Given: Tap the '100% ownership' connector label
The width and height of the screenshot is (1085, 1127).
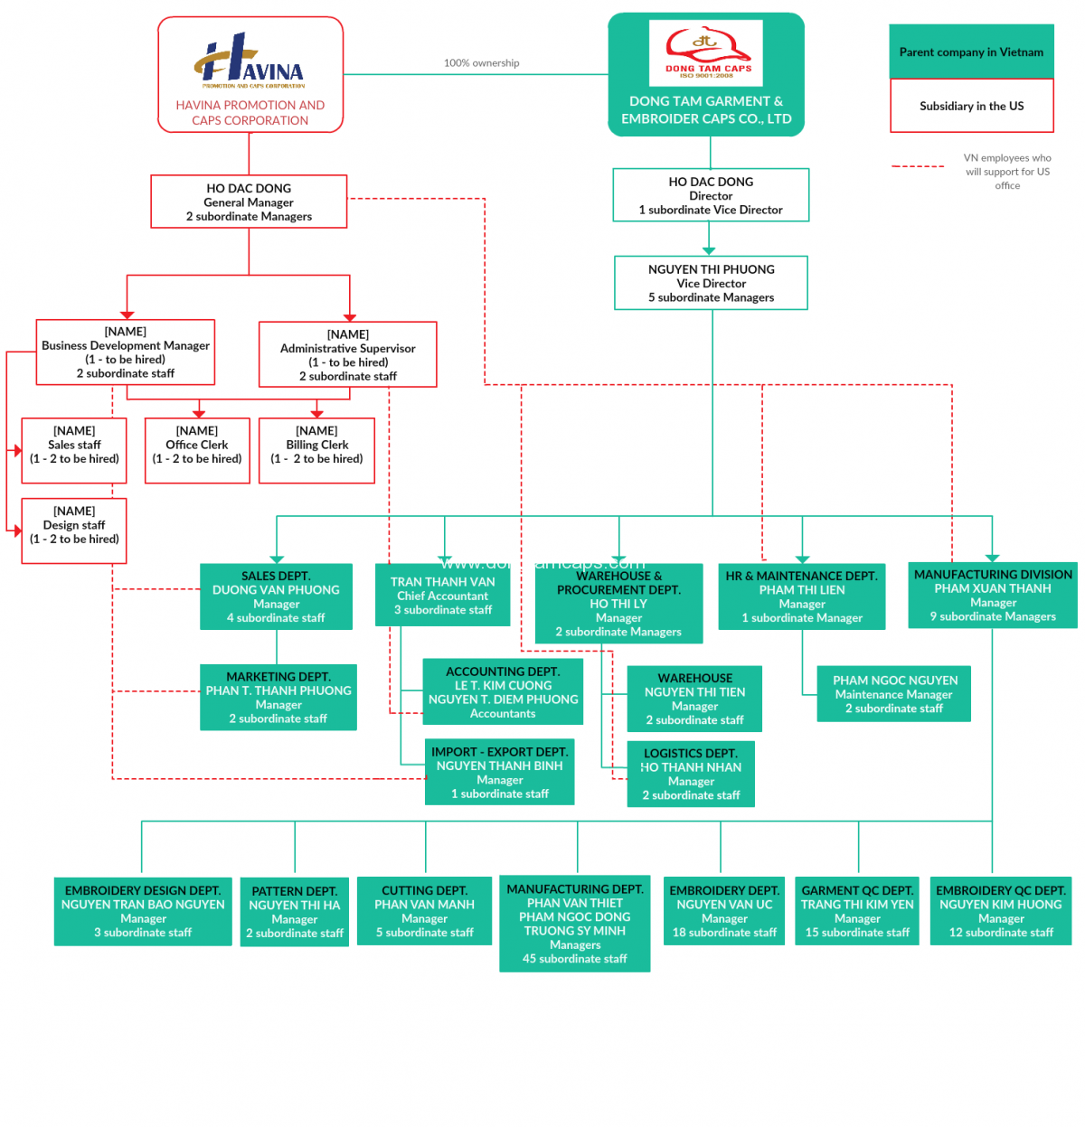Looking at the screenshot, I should [x=481, y=63].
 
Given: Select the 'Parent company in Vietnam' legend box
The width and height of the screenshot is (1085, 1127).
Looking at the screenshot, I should [x=971, y=52].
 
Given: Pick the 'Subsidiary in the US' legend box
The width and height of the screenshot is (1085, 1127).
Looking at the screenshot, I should [x=971, y=106].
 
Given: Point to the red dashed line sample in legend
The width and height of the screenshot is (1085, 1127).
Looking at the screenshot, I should [x=918, y=166].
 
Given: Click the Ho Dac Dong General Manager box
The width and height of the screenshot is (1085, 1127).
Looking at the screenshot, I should [x=249, y=202].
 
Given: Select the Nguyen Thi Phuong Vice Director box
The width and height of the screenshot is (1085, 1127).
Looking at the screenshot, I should [x=711, y=283].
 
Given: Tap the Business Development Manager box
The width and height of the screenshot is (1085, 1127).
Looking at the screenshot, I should [x=126, y=352].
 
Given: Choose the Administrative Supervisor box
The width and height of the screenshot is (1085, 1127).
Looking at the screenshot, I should [x=347, y=354].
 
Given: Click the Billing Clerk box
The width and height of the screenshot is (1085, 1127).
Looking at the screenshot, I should [x=316, y=450].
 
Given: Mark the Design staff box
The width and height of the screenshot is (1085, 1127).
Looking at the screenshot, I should [x=74, y=531].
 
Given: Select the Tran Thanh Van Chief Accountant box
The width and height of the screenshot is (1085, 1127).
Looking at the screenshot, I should [x=442, y=596].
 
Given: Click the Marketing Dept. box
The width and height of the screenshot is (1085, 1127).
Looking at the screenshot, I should [x=278, y=697].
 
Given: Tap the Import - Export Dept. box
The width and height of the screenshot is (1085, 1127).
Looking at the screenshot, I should [x=499, y=773].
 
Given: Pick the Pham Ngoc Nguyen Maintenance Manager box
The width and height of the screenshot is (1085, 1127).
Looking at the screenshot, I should [x=893, y=694].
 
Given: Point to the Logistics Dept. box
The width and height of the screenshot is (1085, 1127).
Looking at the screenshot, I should [x=691, y=774].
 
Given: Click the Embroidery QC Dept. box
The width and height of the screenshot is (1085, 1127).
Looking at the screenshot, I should [x=1000, y=911].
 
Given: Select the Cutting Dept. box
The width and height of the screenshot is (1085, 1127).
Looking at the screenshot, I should [x=424, y=911].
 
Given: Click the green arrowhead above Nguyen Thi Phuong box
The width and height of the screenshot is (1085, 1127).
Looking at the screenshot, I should [x=709, y=250].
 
